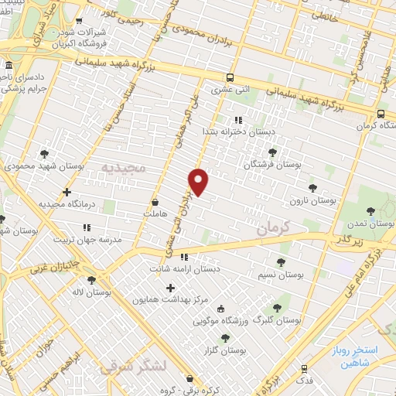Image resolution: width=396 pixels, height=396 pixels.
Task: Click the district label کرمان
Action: pyautogui.click(x=273, y=229)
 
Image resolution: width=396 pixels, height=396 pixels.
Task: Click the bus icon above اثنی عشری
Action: pyautogui.click(x=230, y=77)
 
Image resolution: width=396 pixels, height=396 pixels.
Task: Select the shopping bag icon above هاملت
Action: pyautogui.click(x=155, y=200)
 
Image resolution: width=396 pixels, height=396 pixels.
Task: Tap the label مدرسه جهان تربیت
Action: pyautogui.click(x=87, y=240)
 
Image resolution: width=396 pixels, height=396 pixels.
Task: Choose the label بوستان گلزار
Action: pyautogui.click(x=226, y=350)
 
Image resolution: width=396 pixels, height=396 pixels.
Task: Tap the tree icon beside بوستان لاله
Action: pyautogui.click(x=92, y=280)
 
